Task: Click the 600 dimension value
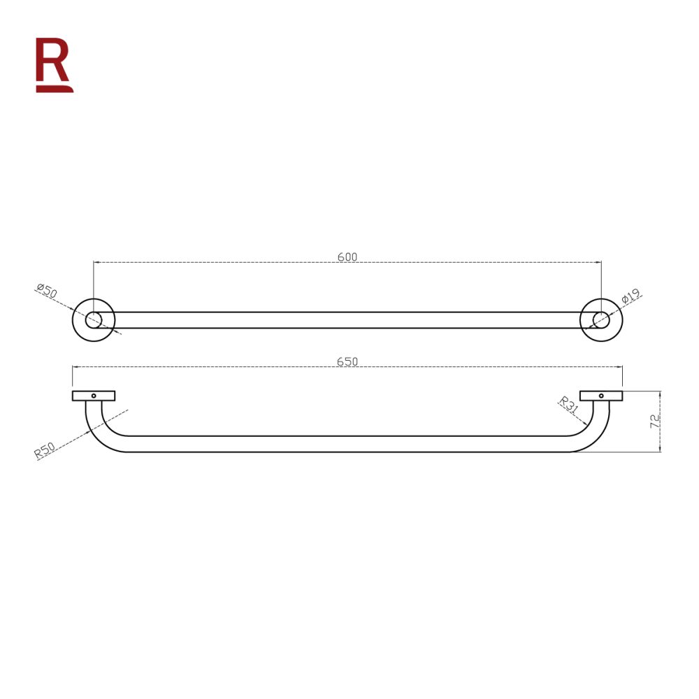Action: pyautogui.click(x=347, y=257)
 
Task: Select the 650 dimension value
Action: pyautogui.click(x=347, y=361)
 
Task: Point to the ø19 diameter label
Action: pyautogui.click(x=630, y=297)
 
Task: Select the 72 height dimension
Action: pyautogui.click(x=655, y=421)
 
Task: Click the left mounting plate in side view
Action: pyautogui.click(x=93, y=396)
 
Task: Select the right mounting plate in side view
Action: pyautogui.click(x=600, y=396)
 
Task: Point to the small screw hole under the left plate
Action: pyautogui.click(x=94, y=396)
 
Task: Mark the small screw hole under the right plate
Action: pyautogui.click(x=601, y=396)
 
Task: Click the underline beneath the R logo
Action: pyautogui.click(x=55, y=89)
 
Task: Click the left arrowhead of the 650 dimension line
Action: pyautogui.click(x=75, y=366)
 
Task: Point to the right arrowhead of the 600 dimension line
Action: pyautogui.click(x=599, y=262)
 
